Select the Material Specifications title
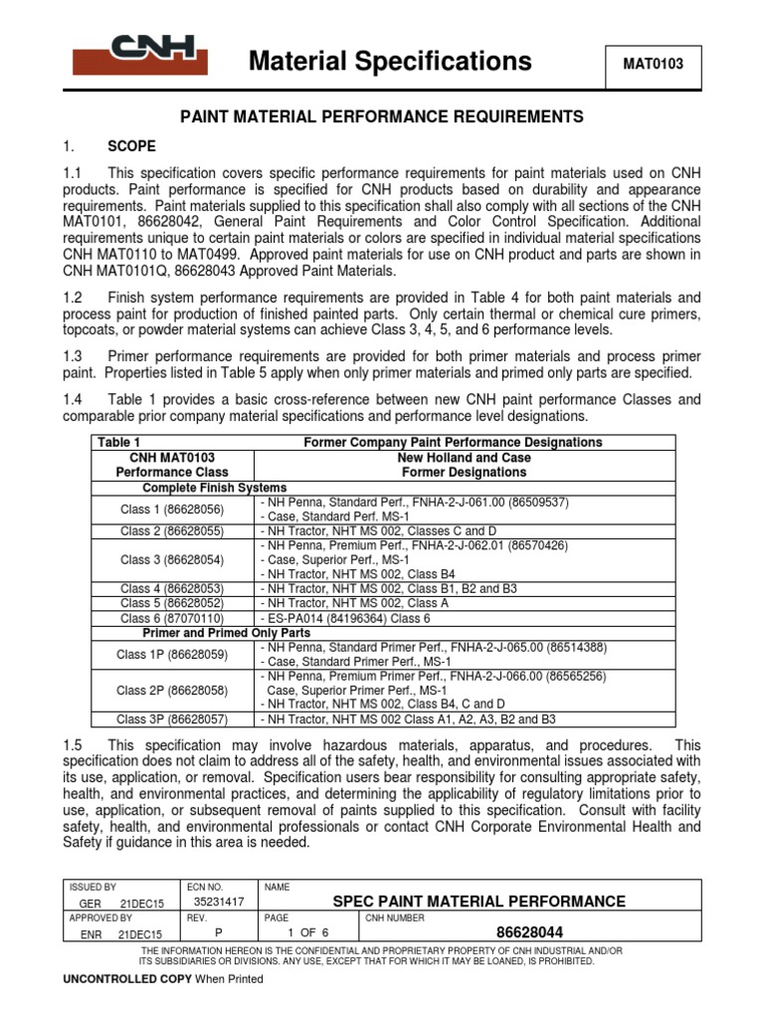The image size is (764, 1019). click(x=390, y=62)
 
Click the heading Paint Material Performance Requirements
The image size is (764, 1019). click(x=381, y=117)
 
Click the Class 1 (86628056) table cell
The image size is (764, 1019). click(x=172, y=509)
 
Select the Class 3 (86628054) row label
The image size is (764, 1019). click(x=172, y=560)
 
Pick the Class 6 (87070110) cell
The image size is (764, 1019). click(x=172, y=617)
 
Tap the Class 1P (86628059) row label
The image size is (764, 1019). click(x=172, y=655)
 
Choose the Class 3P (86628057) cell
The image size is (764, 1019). click(x=172, y=718)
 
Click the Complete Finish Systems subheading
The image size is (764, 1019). click(x=215, y=488)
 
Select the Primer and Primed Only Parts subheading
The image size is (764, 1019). click(x=227, y=632)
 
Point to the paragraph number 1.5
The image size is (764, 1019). click(x=74, y=745)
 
